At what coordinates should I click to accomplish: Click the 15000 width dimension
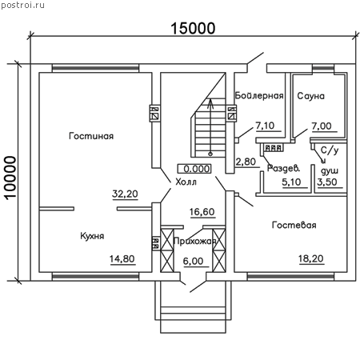point(193,28)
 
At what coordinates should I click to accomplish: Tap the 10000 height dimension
point(10,178)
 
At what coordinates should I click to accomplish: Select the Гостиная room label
point(91,136)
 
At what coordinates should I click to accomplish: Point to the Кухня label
point(92,236)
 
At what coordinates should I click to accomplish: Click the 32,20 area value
point(125,194)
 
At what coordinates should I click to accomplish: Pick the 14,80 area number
point(122,259)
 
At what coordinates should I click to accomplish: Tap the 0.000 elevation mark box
point(194,169)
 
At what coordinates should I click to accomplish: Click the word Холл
point(186,182)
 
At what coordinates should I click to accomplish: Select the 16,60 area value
point(202,212)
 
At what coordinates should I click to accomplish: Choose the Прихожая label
point(194,242)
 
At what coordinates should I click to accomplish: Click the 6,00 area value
point(193,261)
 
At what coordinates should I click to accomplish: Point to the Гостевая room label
point(294,225)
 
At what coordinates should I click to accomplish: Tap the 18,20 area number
point(311,258)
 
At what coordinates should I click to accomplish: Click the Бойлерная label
point(259,95)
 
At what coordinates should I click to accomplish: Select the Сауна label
point(310,96)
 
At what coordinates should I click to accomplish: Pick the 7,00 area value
point(322,126)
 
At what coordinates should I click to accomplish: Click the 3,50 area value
point(327,182)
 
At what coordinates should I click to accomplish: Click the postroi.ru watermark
point(23,5)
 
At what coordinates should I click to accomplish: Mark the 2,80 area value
point(246,162)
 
